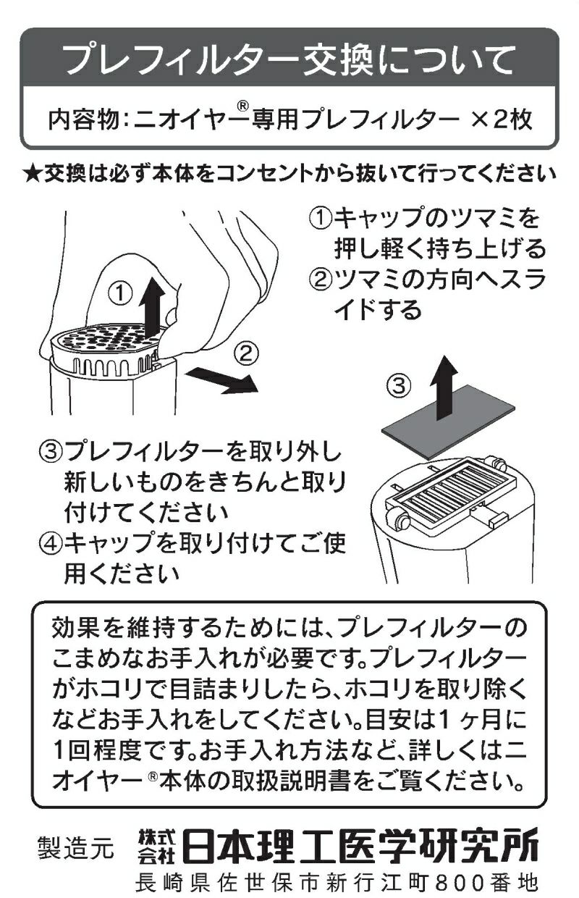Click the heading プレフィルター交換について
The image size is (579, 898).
(289, 59)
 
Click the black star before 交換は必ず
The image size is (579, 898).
(33, 174)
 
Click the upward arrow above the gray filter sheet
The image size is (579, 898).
(444, 387)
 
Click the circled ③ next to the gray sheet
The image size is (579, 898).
(399, 385)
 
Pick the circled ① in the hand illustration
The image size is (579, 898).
(121, 293)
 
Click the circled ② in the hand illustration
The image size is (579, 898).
(245, 353)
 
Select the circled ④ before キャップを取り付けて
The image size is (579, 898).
(51, 544)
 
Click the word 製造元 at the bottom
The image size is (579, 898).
(75, 848)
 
